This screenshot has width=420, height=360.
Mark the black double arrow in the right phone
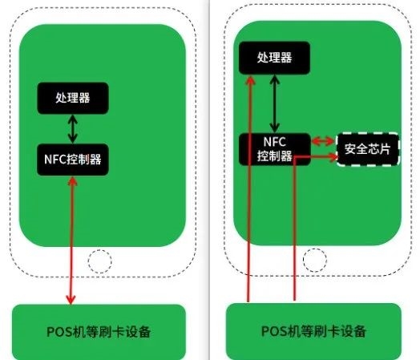click(274, 103)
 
